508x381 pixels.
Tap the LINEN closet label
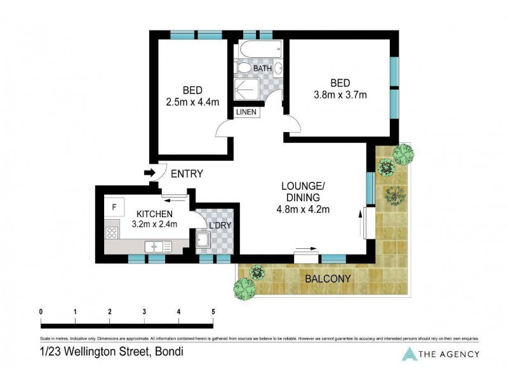tap(246, 112)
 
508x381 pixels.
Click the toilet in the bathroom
tap(243, 68)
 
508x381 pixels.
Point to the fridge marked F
tap(114, 207)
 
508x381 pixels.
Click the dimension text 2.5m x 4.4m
tap(192, 101)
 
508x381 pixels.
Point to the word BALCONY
tap(327, 278)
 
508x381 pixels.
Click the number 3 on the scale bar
tap(144, 312)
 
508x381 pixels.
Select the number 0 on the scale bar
tap(41, 312)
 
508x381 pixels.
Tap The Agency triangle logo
tap(410, 354)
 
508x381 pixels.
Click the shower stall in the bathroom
tap(246, 90)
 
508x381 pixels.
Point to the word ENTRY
tap(187, 173)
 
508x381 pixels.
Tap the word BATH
tap(263, 68)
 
